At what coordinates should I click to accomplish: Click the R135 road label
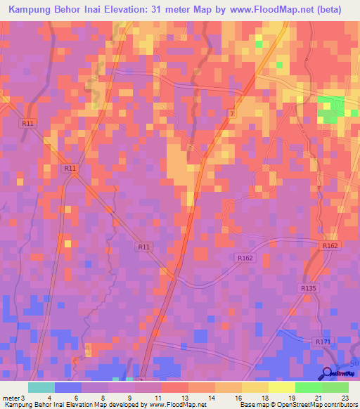[x=308, y=288]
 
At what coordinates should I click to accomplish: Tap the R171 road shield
[x=323, y=342]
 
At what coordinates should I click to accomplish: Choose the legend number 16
[x=229, y=397]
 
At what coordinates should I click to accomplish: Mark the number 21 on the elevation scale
[x=316, y=397]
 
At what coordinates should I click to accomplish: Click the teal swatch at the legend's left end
[x=41, y=387]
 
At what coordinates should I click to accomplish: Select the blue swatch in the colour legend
[x=68, y=387]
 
